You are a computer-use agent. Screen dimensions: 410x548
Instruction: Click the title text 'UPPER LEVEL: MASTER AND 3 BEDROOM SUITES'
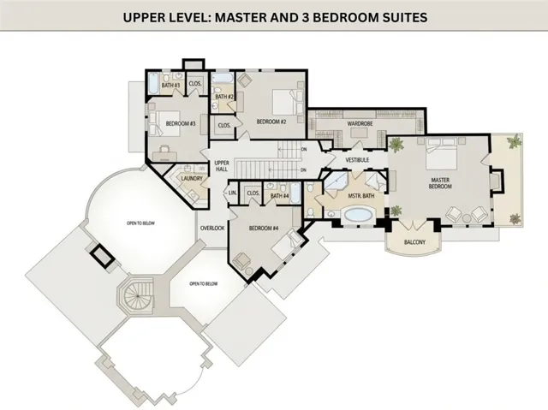tap(273, 18)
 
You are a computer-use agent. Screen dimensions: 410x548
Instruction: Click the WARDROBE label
tap(360, 124)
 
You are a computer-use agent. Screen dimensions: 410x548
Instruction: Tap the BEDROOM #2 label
tap(271, 122)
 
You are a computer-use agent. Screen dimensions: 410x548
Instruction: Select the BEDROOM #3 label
tap(182, 123)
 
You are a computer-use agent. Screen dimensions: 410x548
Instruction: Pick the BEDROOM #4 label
tap(264, 229)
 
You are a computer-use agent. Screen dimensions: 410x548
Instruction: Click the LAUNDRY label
tap(191, 178)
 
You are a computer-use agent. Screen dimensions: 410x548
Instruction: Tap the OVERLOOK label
tap(212, 229)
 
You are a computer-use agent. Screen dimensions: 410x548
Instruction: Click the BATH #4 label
tap(280, 196)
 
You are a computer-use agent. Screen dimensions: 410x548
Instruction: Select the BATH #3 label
tap(170, 86)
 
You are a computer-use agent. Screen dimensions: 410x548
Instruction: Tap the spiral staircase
tap(135, 299)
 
